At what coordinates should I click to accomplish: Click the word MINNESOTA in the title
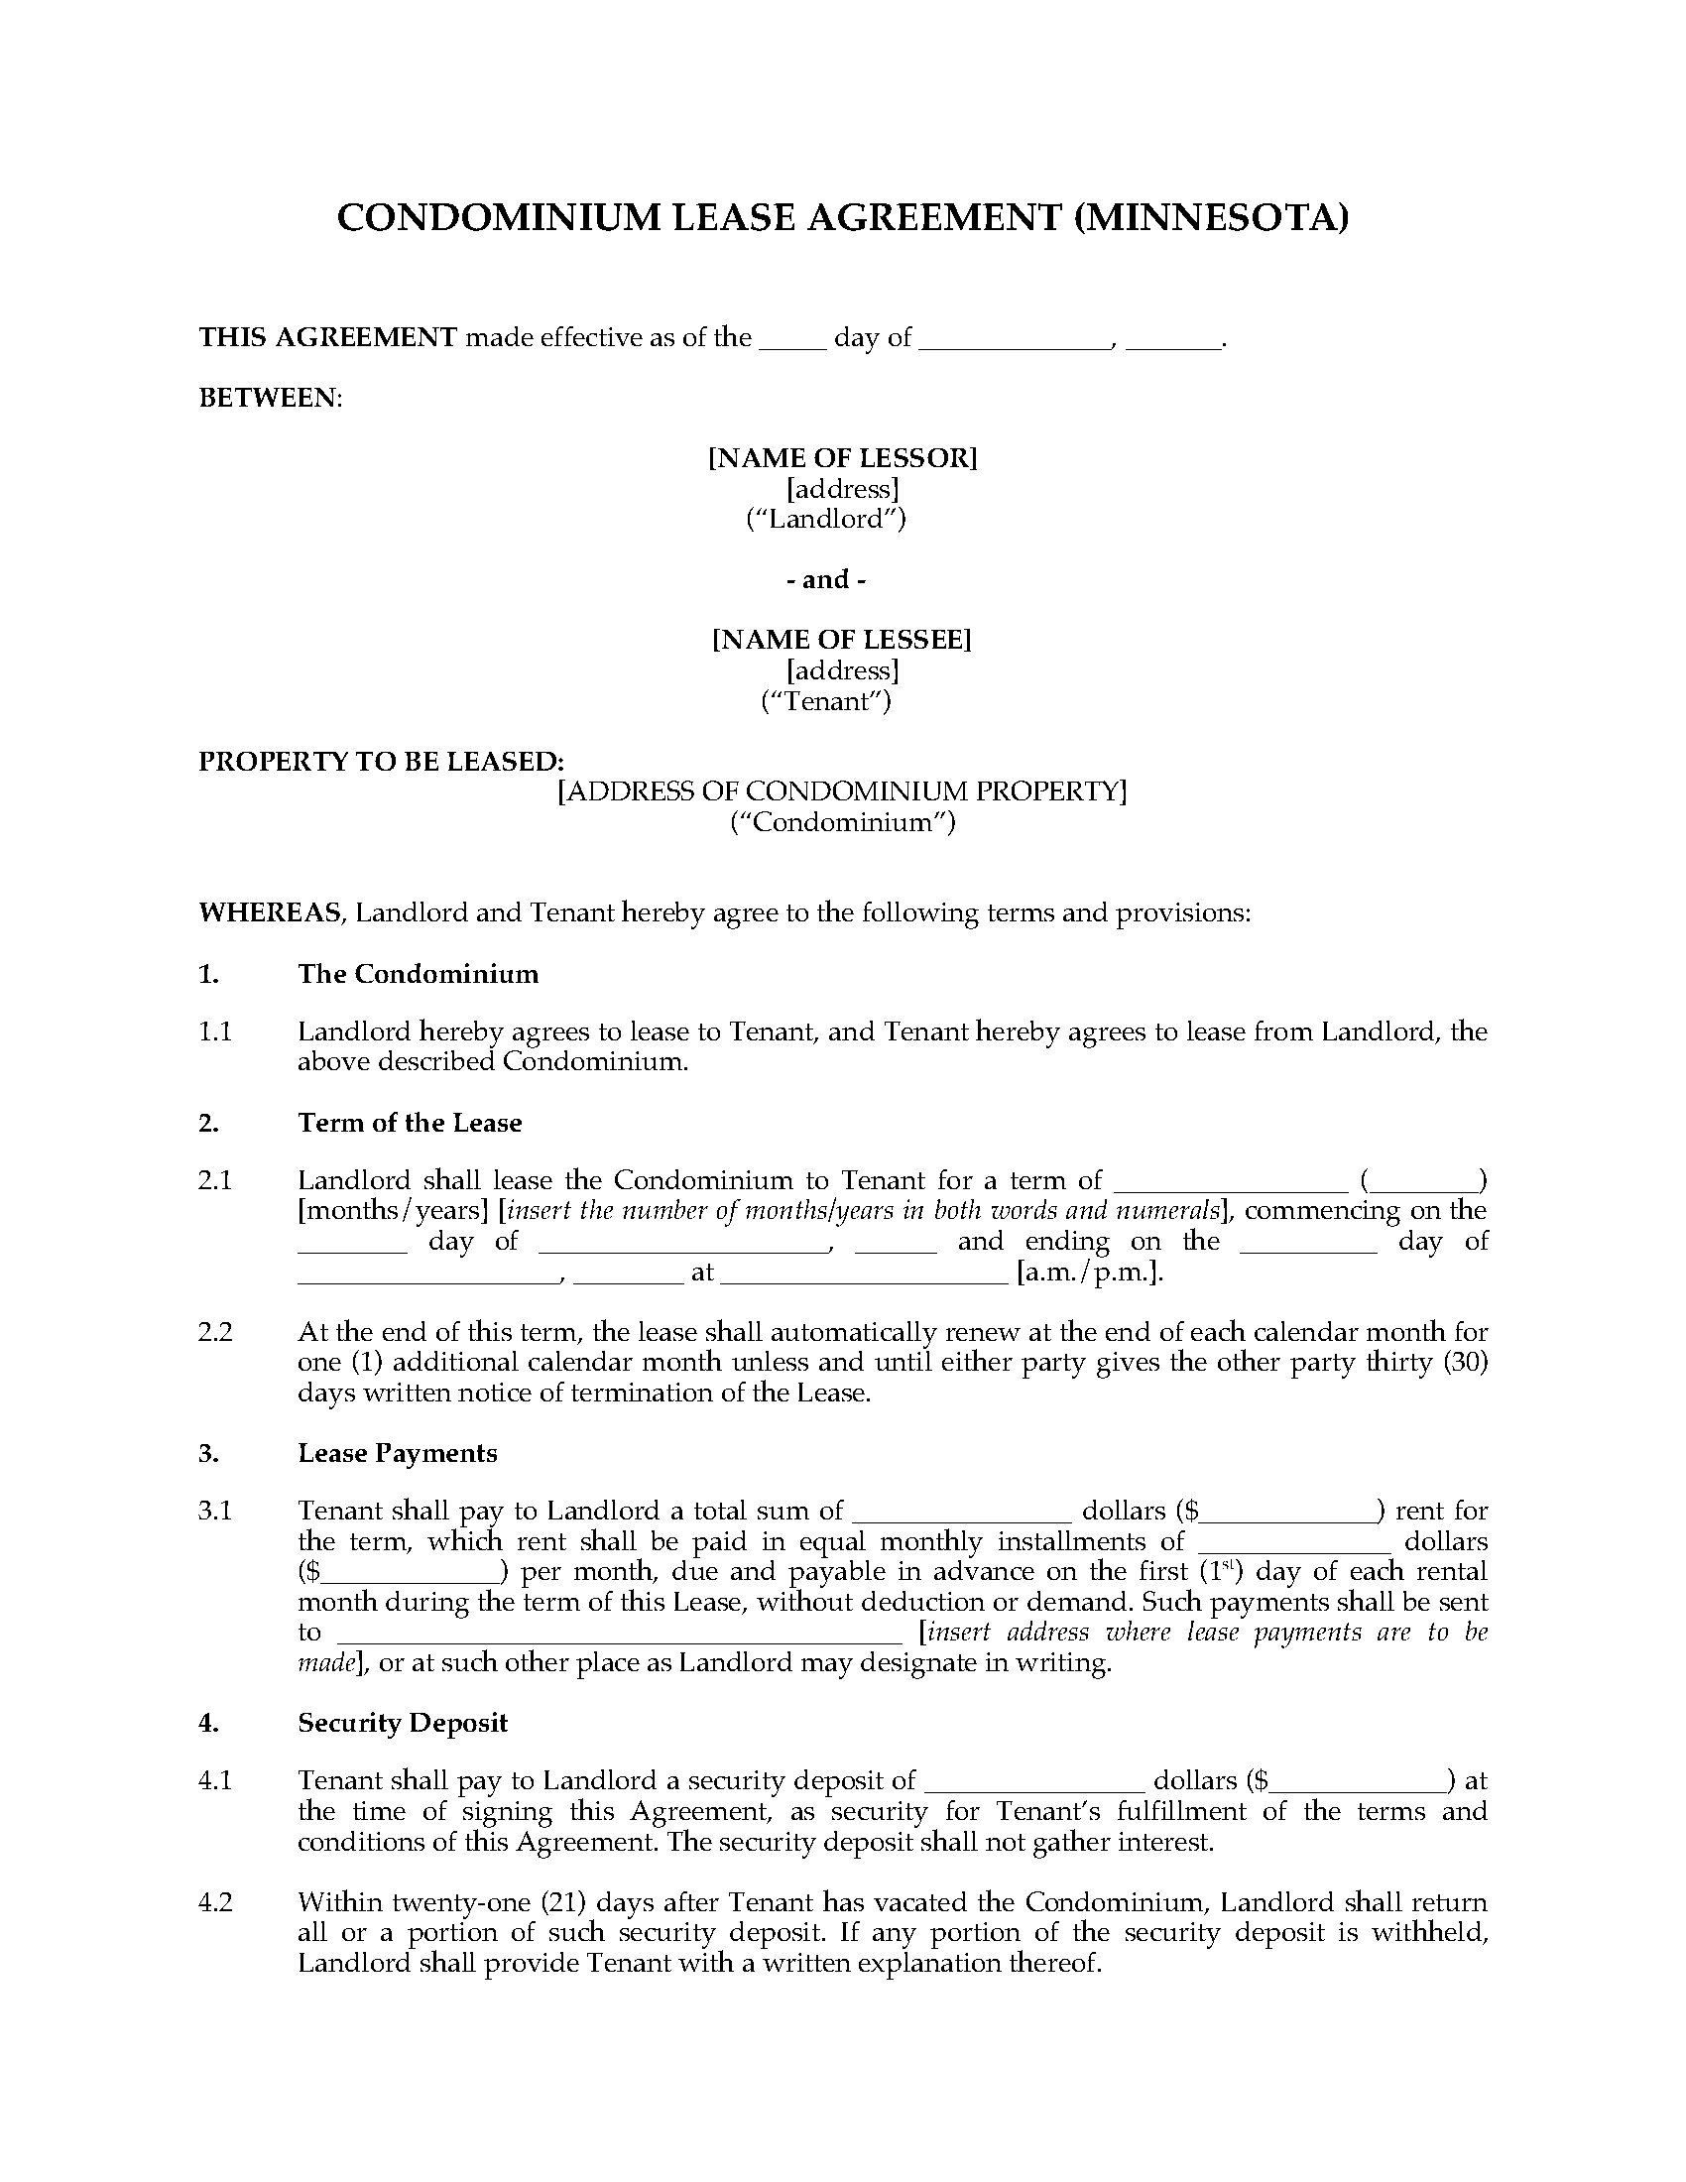pos(1211,217)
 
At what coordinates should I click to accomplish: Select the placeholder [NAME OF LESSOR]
pos(842,457)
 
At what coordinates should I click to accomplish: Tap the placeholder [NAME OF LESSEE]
pos(841,640)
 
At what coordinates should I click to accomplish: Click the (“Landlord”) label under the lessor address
pos(826,519)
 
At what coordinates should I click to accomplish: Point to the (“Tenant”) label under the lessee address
pos(826,701)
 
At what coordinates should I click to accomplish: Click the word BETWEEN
pos(270,398)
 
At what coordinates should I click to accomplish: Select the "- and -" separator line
pos(826,579)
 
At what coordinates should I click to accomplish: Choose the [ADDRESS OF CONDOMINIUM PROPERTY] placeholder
pos(842,791)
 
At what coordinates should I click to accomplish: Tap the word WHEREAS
pos(270,913)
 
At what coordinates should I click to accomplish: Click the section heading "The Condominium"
pos(418,974)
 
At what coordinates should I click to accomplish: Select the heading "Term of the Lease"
pos(410,1123)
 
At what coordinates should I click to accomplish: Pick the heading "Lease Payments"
pos(398,1453)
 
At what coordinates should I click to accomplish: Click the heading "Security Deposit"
pos(403,1723)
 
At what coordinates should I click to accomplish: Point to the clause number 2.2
pos(215,1332)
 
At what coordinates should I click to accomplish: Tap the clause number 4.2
pos(215,1902)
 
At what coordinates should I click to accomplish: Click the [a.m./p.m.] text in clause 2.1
pos(1090,1273)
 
